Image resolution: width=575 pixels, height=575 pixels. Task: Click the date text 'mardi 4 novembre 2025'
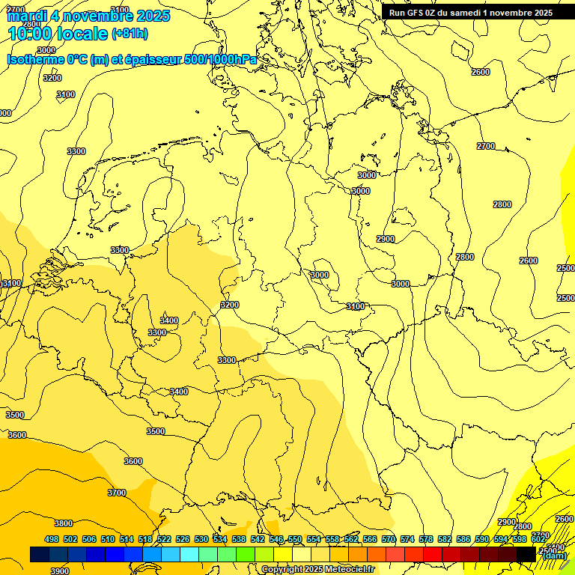coord(88,16)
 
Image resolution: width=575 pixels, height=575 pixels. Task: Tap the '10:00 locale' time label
coord(57,33)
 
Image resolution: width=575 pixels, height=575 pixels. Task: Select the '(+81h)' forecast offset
coord(130,34)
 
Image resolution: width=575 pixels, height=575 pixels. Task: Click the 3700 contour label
coord(117,493)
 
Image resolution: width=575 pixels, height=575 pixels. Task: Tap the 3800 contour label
coord(64,523)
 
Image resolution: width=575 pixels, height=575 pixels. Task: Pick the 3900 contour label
coord(60,571)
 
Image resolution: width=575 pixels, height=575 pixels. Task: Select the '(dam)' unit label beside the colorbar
coord(554,555)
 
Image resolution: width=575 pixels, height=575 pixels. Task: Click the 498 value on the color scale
coord(52,539)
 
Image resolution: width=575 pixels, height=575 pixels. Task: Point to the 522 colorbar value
coord(164,539)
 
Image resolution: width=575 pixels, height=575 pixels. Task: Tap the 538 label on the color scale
coord(239,539)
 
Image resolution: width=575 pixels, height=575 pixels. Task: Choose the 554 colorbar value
coord(314,539)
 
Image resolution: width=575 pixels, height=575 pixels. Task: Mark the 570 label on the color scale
coord(389,539)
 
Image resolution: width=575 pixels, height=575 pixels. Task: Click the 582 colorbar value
coord(445,539)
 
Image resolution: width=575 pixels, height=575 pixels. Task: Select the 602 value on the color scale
coord(538,539)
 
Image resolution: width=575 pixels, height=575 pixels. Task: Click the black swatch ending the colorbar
coord(526,554)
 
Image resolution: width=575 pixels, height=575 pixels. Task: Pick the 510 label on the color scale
coord(108,539)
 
